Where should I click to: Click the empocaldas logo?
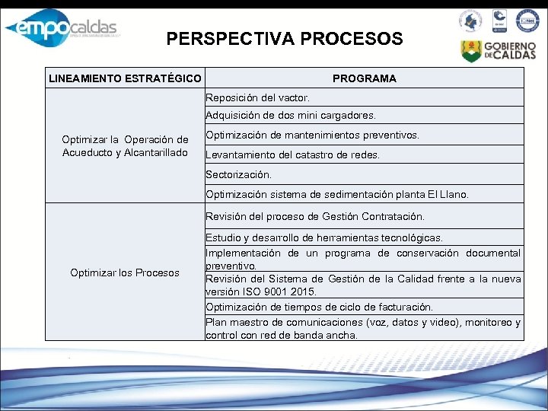[61, 30]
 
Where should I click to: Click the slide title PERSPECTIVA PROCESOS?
[285, 39]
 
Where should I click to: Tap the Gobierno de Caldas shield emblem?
[470, 50]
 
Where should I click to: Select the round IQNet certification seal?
[527, 21]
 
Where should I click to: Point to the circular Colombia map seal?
[470, 21]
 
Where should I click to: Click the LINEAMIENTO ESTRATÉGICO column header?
[125, 78]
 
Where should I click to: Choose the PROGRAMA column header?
[364, 78]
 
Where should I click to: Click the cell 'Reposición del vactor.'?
[257, 98]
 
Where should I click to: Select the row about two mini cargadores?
[290, 116]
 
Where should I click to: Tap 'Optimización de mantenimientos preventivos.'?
[312, 135]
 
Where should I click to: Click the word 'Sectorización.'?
[238, 174]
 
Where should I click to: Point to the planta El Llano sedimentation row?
[337, 194]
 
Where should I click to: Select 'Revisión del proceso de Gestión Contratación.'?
[315, 217]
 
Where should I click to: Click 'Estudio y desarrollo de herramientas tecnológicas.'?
[324, 238]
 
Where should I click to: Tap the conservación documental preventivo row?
[363, 259]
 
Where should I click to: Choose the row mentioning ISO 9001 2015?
[363, 285]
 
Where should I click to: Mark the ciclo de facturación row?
[319, 307]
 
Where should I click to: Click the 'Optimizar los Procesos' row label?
[125, 272]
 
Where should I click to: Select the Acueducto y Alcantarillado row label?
[125, 146]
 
